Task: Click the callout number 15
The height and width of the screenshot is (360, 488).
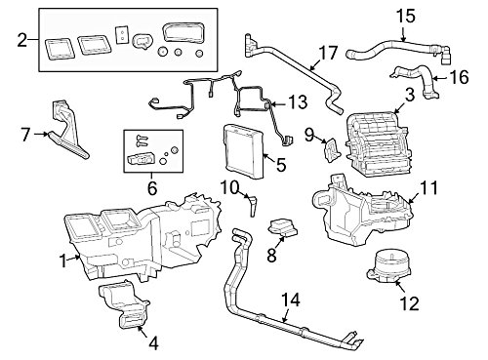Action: pos(406,17)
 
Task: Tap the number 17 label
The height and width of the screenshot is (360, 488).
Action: pos(328,54)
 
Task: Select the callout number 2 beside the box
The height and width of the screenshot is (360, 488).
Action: pos(21,40)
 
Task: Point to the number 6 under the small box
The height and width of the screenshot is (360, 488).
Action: pos(152,188)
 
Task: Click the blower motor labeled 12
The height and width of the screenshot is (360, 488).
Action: pos(387,266)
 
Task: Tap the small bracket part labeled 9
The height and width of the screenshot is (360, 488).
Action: pos(332,149)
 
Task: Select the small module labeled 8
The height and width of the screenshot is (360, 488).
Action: pos(282,227)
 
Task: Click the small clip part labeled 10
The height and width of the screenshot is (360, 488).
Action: pos(253,206)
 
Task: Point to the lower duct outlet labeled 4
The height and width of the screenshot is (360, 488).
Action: pos(124,304)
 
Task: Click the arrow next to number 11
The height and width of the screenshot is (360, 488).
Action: pos(413,198)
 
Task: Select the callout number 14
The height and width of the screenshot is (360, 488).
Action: pos(291,300)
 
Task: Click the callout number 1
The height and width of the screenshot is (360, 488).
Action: pos(63,260)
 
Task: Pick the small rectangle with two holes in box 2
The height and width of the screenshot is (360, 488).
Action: pos(121,35)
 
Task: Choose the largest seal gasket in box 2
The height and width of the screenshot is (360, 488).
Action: pos(183,32)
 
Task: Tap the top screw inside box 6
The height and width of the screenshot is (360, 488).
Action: pos(141,138)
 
